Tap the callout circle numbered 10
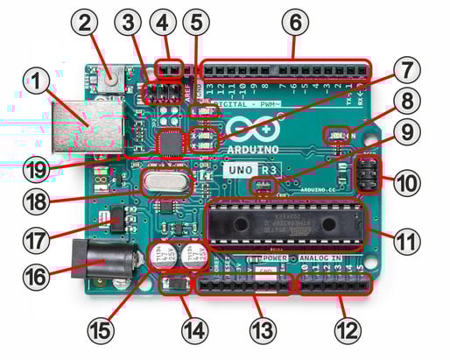tap(405, 185)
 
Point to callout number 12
tap(348, 330)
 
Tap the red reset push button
tap(111, 77)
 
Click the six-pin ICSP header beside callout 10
tap(364, 173)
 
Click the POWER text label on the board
tap(273, 259)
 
